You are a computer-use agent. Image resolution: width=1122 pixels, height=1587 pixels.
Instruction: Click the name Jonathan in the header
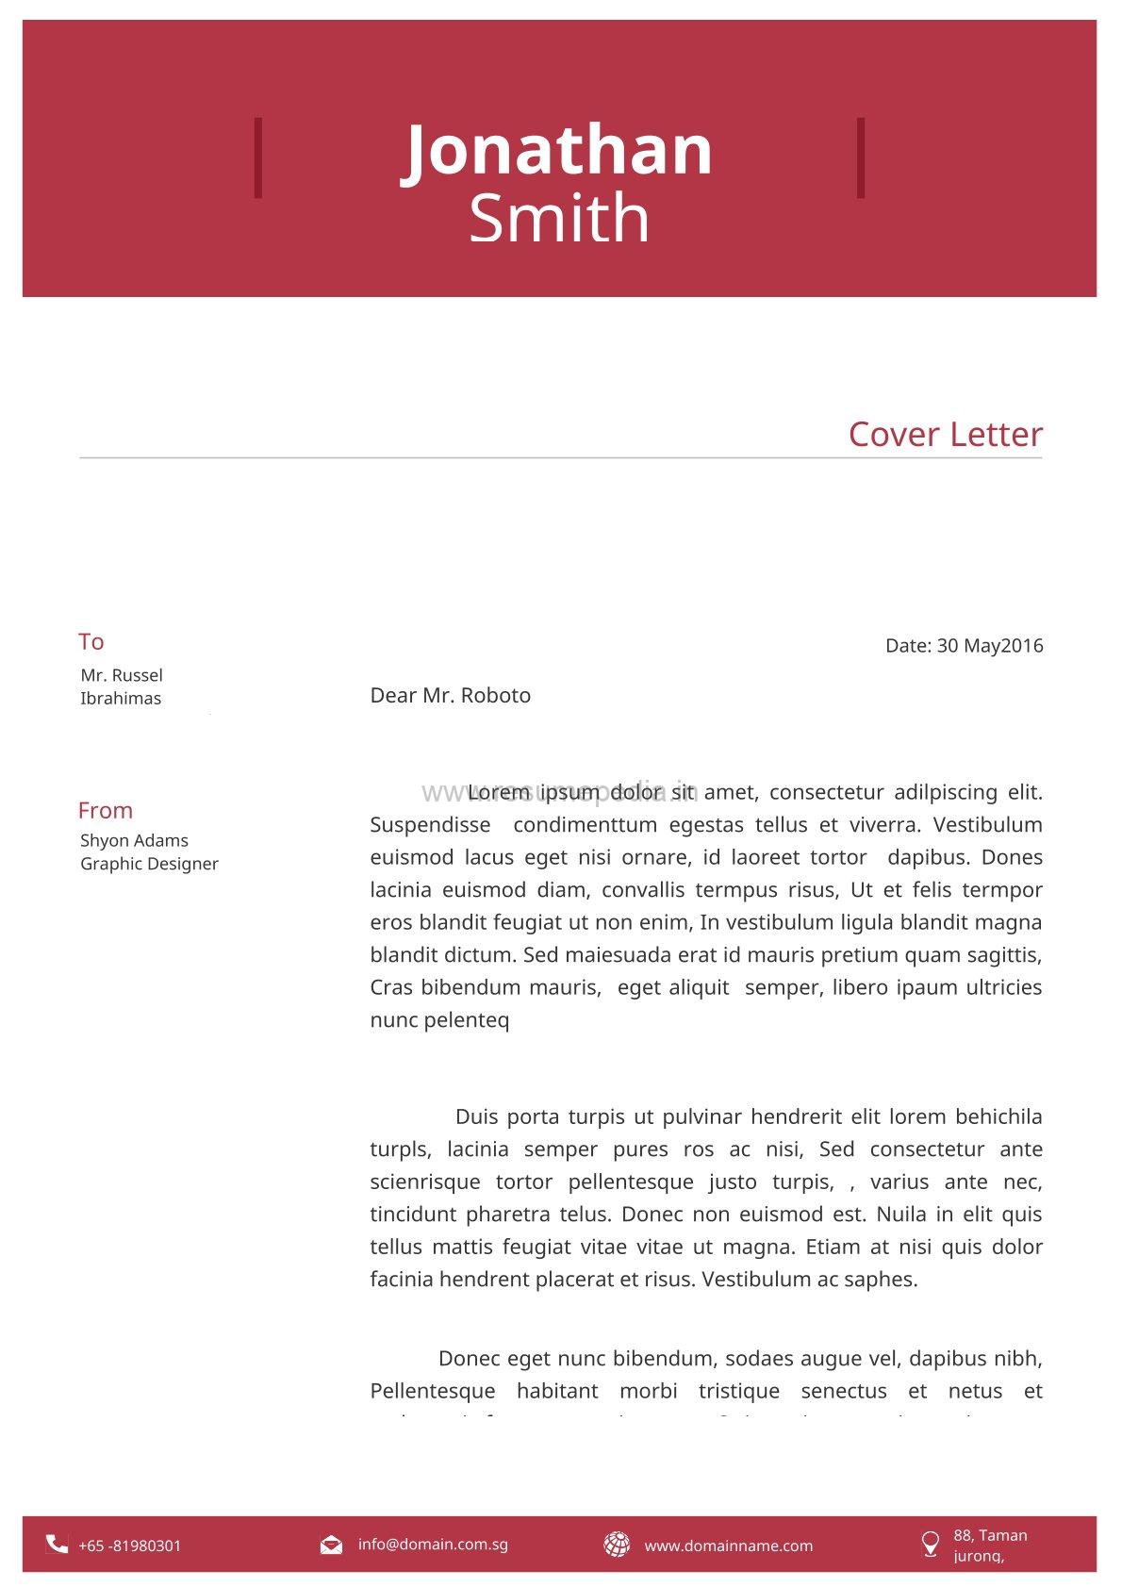pos(558,151)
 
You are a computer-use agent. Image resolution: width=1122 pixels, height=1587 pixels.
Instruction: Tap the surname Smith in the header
pos(559,219)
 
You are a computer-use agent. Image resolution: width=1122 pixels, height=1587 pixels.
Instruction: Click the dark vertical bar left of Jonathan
pos(258,157)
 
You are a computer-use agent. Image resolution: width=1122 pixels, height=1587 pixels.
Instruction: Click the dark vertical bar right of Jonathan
pos(860,157)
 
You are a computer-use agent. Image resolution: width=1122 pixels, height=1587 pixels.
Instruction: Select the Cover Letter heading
pos(945,435)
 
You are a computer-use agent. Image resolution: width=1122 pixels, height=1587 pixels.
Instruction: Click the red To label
pos(91,642)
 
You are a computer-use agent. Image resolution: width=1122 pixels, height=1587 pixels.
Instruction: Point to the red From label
pos(106,811)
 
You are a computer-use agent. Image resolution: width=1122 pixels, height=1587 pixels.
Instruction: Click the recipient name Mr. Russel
pos(122,675)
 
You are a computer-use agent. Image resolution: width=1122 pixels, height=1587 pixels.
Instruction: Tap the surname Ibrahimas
pos(121,699)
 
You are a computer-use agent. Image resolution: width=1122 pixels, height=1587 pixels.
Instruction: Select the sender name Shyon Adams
pos(134,840)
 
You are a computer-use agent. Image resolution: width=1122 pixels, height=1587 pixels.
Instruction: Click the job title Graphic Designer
pos(149,864)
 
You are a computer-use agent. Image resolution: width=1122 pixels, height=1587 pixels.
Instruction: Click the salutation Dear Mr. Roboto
pos(451,696)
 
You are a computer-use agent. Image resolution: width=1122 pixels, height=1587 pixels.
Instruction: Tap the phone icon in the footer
pos(57,1544)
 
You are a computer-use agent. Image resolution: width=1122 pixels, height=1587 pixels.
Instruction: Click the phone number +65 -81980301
pos(129,1546)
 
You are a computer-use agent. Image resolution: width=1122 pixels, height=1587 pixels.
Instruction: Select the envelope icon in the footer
pos(331,1545)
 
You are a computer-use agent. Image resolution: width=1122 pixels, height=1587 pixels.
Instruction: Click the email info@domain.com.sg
pos(433,1544)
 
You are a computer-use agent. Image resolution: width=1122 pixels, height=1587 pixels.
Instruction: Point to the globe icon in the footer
pos(617,1545)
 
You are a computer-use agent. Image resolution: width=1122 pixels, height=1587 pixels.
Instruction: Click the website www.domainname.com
pos(728,1546)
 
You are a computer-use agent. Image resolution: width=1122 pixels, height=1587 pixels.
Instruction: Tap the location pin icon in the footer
pos(930,1544)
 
